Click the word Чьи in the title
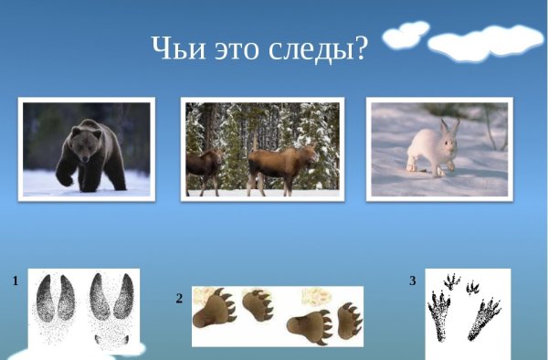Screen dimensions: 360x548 [x=174, y=49]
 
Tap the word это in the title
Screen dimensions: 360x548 [x=231, y=49]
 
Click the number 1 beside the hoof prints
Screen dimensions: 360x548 [x=16, y=281]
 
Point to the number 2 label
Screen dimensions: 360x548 [x=180, y=298]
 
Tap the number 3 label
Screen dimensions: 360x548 [x=412, y=281]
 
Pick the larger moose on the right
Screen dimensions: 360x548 [x=279, y=164]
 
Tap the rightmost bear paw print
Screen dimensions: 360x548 [x=349, y=319]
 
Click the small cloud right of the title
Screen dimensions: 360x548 [x=405, y=36]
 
